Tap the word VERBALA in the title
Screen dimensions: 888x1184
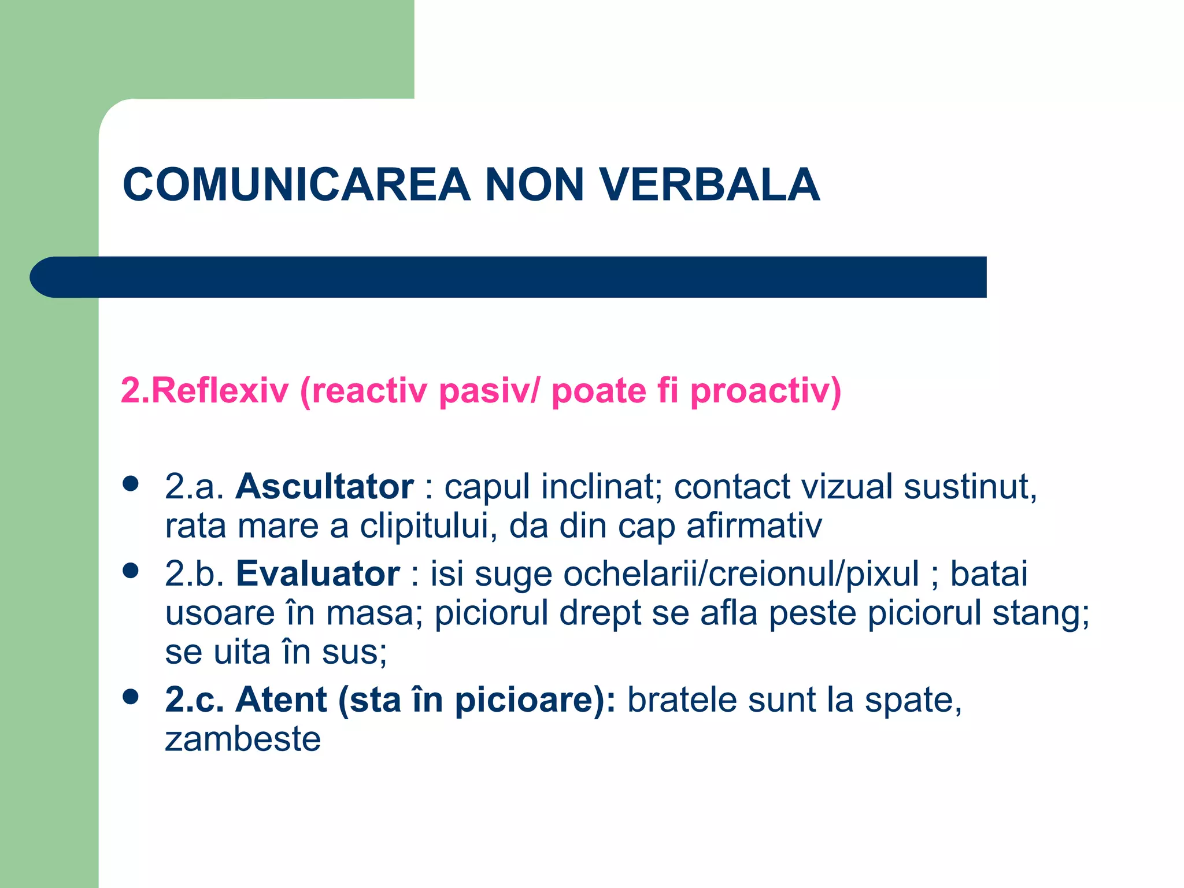point(710,185)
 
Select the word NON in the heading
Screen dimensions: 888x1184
point(534,185)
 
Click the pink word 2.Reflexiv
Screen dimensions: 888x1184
point(204,391)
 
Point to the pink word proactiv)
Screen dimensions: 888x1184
point(765,391)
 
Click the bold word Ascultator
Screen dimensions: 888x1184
point(324,486)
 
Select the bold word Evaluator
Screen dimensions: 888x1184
point(317,573)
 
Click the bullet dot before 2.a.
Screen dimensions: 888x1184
point(131,483)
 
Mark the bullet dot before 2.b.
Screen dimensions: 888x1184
point(131,571)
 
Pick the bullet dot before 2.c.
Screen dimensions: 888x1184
point(131,697)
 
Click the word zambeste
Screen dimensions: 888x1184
point(243,739)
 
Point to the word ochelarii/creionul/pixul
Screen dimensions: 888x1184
point(741,573)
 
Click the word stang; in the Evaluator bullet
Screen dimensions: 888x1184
point(1041,613)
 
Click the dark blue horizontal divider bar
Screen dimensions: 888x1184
point(509,277)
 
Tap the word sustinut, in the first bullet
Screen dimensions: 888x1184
point(971,486)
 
